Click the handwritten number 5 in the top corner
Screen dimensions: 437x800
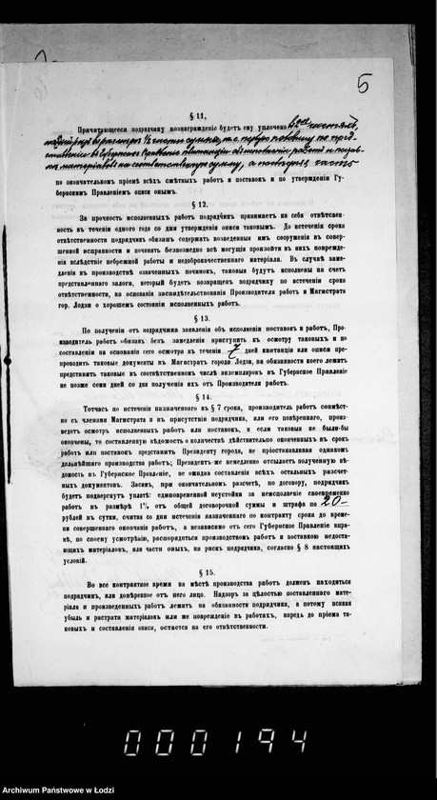(x=363, y=85)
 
